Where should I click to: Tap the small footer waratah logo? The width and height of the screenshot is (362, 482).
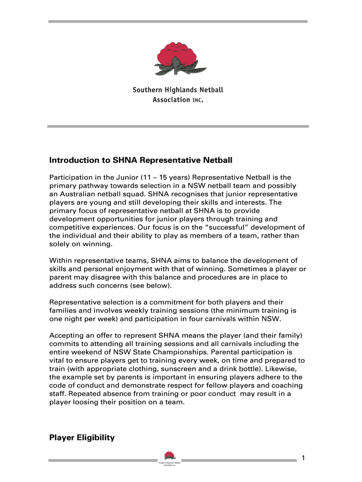click(169, 456)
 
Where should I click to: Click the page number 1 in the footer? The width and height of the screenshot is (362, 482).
click(304, 458)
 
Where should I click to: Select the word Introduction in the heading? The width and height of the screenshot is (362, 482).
click(72, 161)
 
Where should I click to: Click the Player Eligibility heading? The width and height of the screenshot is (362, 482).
click(82, 438)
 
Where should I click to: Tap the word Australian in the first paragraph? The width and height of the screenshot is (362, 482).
click(78, 194)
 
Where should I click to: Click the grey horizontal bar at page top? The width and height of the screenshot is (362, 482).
click(178, 22)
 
